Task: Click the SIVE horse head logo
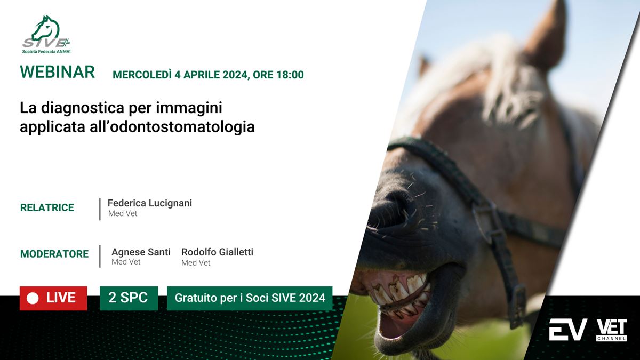click(x=46, y=34)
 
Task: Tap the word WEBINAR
click(x=57, y=71)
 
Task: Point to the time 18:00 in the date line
click(x=290, y=75)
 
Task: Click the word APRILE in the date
click(x=202, y=75)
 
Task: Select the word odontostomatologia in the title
click(x=182, y=126)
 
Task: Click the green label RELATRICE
click(x=47, y=207)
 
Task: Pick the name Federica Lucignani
click(x=150, y=203)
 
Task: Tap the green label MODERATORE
click(x=54, y=254)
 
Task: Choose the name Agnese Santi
click(x=141, y=252)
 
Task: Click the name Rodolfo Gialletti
click(x=218, y=252)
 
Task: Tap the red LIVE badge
click(x=53, y=298)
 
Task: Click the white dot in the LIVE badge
click(x=33, y=299)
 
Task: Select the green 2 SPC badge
click(x=129, y=298)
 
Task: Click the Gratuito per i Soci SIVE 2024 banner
click(x=250, y=298)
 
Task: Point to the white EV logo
click(x=568, y=330)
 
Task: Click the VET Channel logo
click(x=612, y=330)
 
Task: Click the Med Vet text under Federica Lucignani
click(x=123, y=213)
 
